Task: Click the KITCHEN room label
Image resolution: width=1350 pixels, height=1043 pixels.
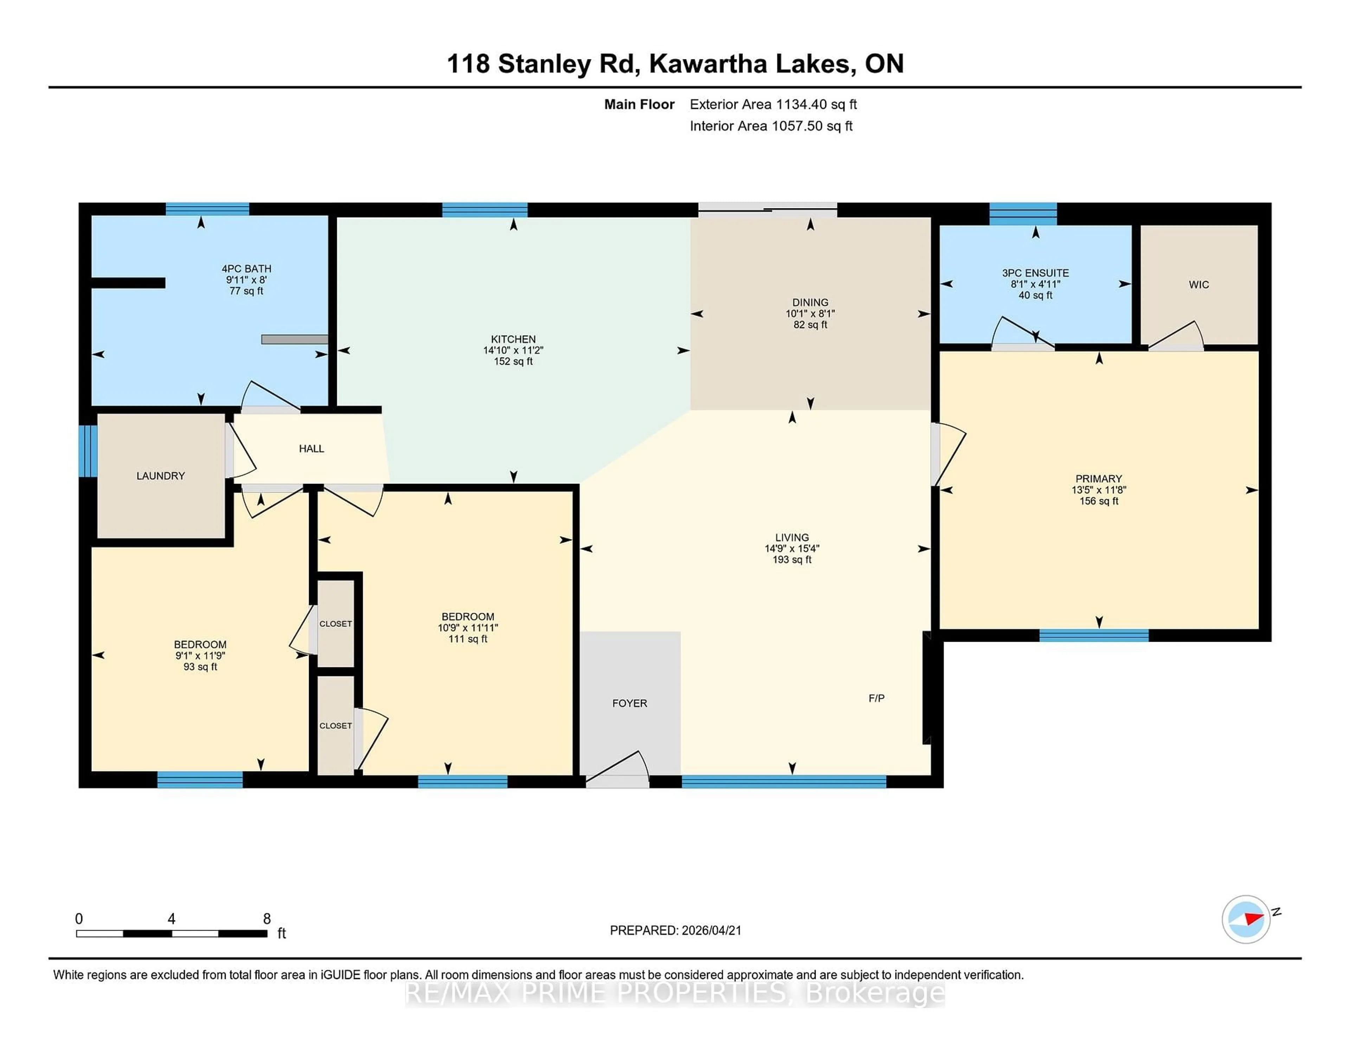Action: [x=513, y=339]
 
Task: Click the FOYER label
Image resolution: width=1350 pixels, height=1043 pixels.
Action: [x=629, y=703]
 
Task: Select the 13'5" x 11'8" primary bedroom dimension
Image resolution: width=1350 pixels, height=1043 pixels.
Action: [x=1098, y=490]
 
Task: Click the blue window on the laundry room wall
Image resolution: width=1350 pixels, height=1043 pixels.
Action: [x=88, y=451]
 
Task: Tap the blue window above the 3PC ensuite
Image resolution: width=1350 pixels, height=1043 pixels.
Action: [x=1023, y=214]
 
